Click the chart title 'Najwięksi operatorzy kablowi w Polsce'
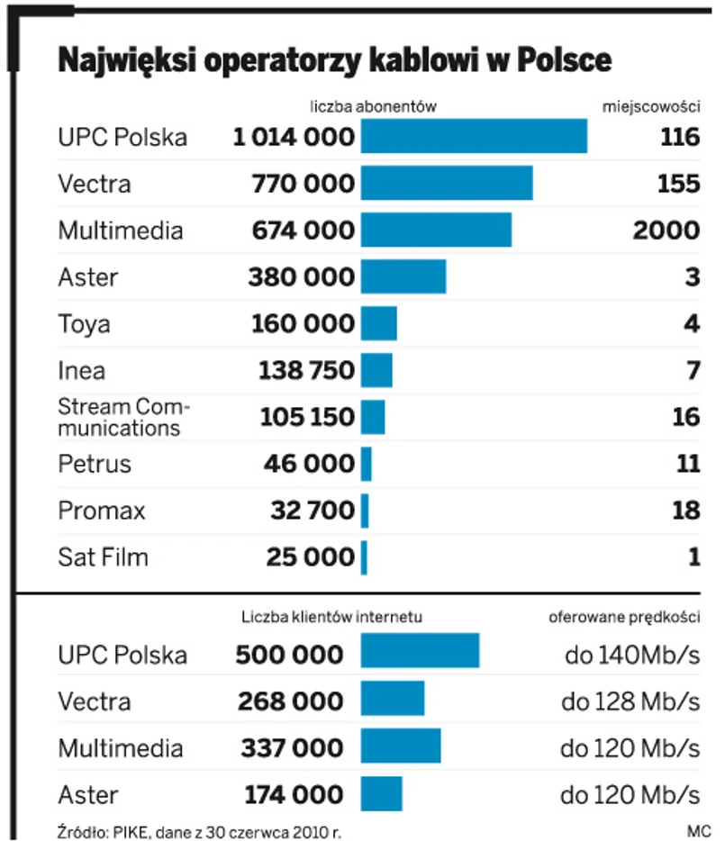click(x=334, y=60)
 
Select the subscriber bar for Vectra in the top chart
click(x=446, y=184)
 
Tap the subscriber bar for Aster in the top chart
click(x=403, y=276)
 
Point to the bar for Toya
click(x=378, y=323)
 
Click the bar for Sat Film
click(x=364, y=557)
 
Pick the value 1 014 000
click(x=293, y=137)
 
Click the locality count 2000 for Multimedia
click(x=666, y=231)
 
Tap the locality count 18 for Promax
click(x=686, y=511)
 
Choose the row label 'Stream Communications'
click(x=123, y=417)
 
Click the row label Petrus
click(x=95, y=464)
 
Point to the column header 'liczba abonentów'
click(x=373, y=106)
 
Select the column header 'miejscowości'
click(x=651, y=106)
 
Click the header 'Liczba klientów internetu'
click(x=331, y=618)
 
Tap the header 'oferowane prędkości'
click(x=624, y=618)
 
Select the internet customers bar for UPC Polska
click(x=420, y=651)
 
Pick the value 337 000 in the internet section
click(x=292, y=748)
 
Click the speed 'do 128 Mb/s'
click(x=630, y=701)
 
